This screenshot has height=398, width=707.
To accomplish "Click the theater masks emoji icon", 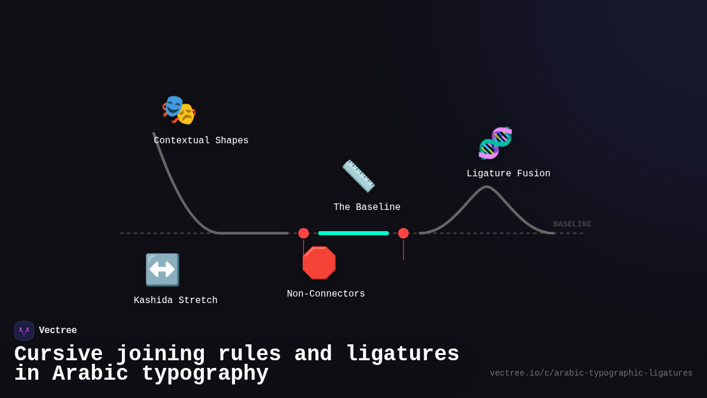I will [179, 110].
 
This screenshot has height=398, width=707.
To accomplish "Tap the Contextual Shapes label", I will [201, 141].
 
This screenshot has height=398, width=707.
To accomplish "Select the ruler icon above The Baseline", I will [358, 176].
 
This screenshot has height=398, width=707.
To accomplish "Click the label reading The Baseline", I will [366, 208].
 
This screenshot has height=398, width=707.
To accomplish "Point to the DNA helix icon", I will [495, 143].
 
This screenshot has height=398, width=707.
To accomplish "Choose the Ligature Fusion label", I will [508, 174].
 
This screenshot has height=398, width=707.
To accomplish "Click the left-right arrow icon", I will [162, 269].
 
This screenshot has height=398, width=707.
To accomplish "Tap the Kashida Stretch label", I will [175, 301].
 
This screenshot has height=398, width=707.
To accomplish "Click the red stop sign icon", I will [319, 263].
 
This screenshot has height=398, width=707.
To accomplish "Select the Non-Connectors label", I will [326, 294].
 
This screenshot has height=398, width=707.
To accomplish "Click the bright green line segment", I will [353, 233].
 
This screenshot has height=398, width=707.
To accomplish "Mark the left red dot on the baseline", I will [303, 233].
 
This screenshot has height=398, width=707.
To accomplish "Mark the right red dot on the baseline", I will [404, 233].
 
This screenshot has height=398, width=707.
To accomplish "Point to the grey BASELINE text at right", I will [572, 224].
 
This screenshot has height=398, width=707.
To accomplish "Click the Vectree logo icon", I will [24, 331].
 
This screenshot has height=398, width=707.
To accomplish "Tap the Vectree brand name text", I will [58, 331].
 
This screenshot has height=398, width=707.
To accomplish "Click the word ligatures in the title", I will [402, 354].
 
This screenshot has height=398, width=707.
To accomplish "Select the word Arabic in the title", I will [90, 374].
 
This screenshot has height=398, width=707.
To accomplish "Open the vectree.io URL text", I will [591, 373].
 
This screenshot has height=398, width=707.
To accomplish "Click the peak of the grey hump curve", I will [487, 188].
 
